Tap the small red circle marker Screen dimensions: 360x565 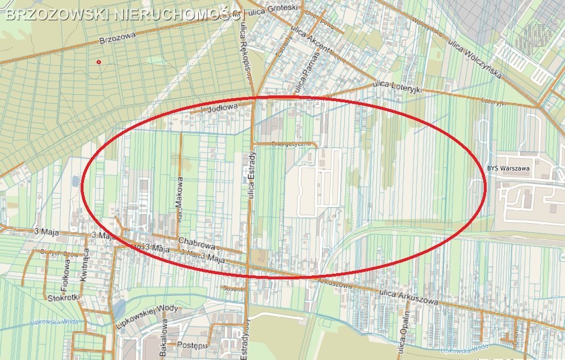[x=99, y=61]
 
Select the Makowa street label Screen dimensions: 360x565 [x=179, y=194]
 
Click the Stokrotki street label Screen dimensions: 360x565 [x=62, y=297]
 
